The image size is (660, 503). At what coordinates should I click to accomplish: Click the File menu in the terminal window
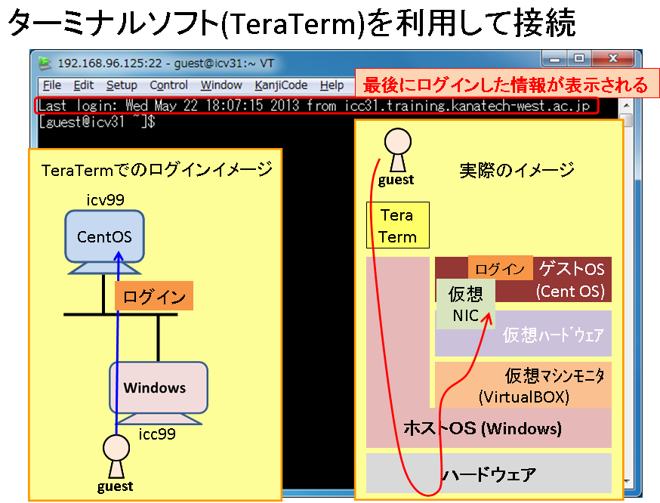pos(52,85)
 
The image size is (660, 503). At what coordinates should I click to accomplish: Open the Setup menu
pos(122,85)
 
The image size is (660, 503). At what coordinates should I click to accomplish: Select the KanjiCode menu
pos(281,85)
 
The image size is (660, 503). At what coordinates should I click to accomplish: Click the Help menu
pos(332,85)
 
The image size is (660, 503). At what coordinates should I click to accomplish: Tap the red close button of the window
pos(612,58)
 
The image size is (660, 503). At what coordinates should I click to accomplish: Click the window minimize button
pos(555,58)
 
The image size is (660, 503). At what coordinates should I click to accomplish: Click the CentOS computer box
pos(104,236)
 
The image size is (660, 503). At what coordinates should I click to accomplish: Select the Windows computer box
pos(159,387)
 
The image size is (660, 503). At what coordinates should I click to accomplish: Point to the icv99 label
pos(105,199)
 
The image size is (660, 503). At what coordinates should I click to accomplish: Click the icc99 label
pos(157,434)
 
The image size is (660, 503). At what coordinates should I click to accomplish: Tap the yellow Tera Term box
pos(398,225)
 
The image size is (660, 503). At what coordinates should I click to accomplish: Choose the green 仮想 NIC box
pos(465,304)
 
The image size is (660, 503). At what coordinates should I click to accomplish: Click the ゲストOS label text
pos(572,269)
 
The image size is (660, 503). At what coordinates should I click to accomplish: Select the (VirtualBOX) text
pos(524,397)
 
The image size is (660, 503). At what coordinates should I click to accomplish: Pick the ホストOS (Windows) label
pos(483,428)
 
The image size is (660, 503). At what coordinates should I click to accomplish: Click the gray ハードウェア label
pos(489,474)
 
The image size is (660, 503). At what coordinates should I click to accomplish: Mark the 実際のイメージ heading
pos(517,170)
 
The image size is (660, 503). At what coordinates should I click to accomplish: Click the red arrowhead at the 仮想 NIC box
pos(487,318)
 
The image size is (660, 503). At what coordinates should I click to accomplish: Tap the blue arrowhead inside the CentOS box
pos(119,257)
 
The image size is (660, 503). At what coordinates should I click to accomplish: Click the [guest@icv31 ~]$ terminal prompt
pos(97,122)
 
